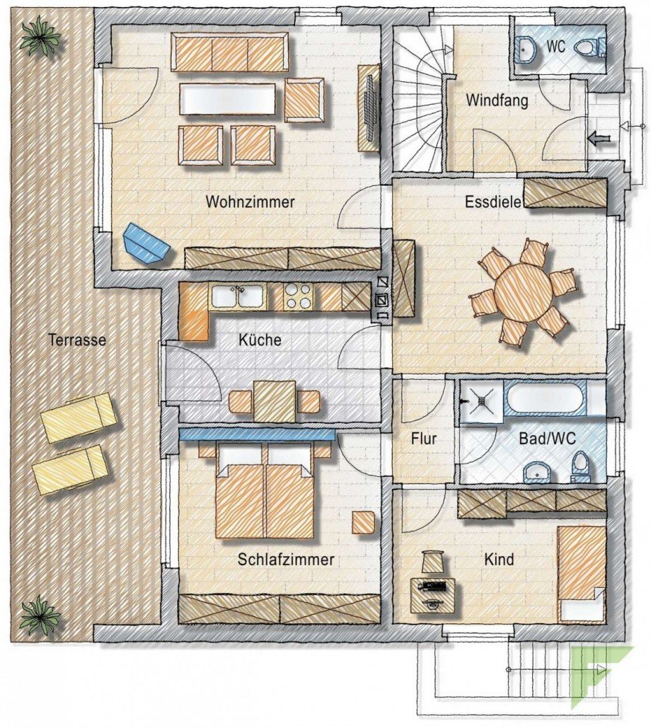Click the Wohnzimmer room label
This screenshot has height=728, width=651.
coord(250,202)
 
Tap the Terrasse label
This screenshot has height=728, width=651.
coord(77,340)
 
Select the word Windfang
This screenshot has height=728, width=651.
coord(497,101)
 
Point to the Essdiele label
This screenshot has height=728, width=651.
coord(493,202)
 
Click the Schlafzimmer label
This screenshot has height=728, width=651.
coord(286,560)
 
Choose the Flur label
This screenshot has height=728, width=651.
coord(424,439)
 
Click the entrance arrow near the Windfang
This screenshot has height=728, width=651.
coord(598,139)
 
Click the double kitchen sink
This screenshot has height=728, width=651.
coord(238,296)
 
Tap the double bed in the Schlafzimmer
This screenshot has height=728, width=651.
coord(265,495)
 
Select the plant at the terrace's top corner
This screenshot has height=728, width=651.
coord(39,37)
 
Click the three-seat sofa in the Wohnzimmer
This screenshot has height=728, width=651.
coord(230,54)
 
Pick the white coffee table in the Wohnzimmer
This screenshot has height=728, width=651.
coord(228,99)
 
